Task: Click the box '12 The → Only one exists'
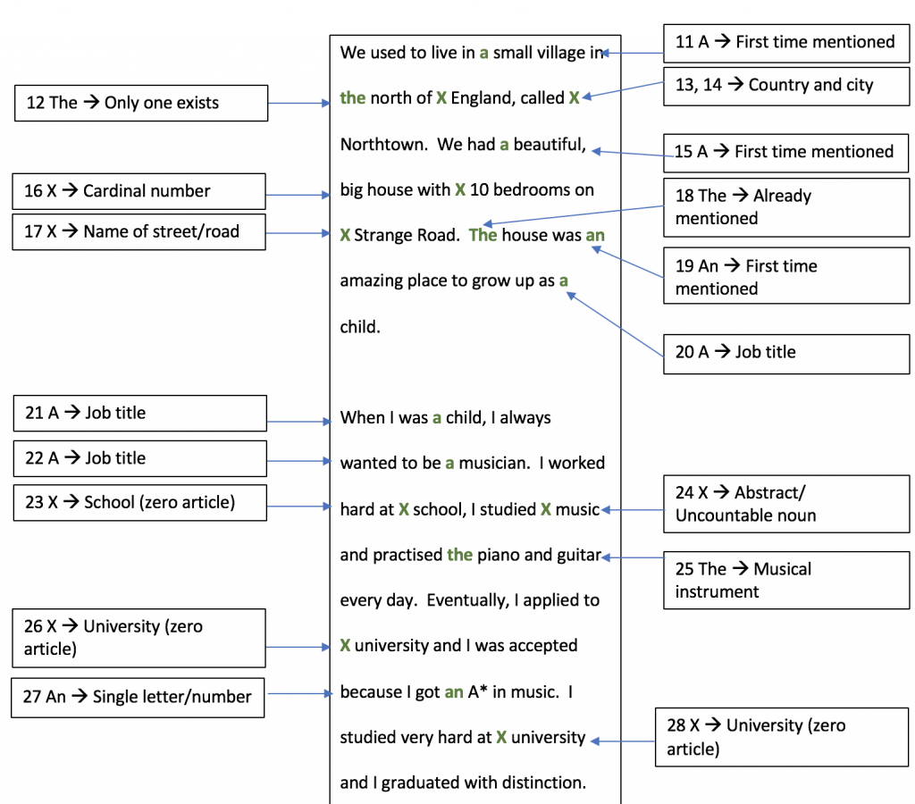click(141, 104)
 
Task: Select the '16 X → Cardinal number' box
click(139, 191)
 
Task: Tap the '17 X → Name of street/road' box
click(139, 231)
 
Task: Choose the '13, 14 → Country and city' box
click(786, 86)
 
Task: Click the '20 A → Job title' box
click(786, 354)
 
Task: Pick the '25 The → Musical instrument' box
click(786, 581)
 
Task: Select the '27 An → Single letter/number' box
click(138, 697)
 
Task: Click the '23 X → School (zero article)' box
click(140, 502)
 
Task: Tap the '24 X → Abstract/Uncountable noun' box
click(786, 504)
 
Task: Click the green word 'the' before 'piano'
click(460, 554)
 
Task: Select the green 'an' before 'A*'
click(454, 692)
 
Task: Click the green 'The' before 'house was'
click(483, 235)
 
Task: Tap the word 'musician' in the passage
click(492, 464)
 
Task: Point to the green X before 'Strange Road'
click(346, 235)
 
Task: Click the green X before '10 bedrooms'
click(460, 189)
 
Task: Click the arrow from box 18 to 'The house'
click(574, 214)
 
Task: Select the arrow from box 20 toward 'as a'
click(615, 325)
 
